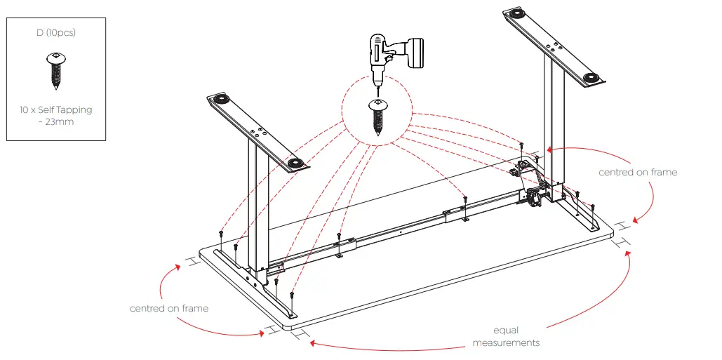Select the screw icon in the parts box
[x=55, y=71]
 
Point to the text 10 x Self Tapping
[x=55, y=109]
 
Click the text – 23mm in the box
[x=55, y=121]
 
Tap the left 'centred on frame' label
[x=169, y=308]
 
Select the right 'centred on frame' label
[x=638, y=172]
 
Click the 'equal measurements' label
[x=506, y=336]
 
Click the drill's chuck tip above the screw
[x=376, y=86]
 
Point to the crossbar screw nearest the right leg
[x=464, y=200]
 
